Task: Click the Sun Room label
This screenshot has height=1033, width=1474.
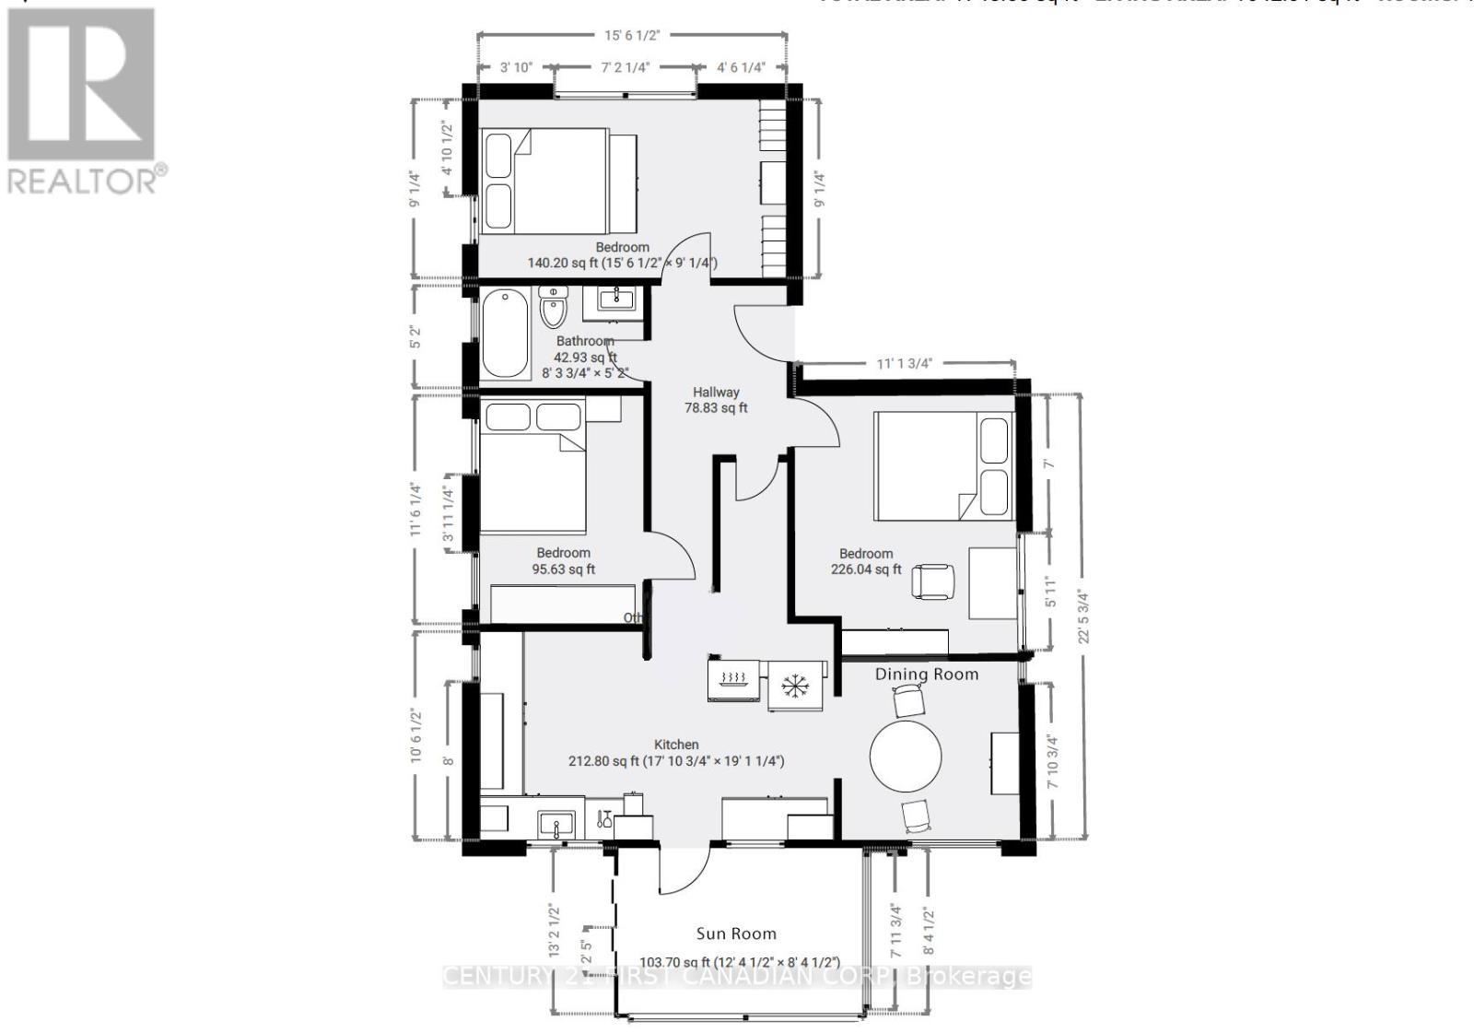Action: (735, 933)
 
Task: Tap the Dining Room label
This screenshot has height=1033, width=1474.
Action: (926, 675)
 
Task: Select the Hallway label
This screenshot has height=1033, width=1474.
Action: (716, 392)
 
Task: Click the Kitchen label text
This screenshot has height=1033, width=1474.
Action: (676, 745)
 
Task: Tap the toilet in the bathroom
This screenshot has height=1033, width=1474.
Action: (553, 310)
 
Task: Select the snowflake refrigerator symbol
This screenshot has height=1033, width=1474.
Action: (791, 685)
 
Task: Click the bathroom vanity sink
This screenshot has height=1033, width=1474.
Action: (614, 299)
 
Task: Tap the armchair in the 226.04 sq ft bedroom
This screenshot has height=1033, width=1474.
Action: (932, 581)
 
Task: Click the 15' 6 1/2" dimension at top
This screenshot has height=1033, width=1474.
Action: (632, 35)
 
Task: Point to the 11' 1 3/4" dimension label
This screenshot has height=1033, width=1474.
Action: (905, 363)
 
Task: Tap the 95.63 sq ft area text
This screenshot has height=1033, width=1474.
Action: (563, 569)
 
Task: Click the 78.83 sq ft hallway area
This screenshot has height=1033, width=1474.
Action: (716, 407)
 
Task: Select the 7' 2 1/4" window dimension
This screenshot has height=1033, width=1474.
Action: (626, 67)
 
